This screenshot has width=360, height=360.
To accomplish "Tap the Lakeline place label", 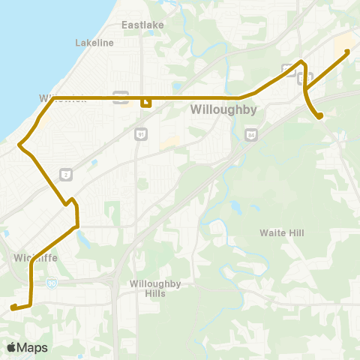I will [94, 43].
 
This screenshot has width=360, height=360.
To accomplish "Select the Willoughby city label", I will [223, 109].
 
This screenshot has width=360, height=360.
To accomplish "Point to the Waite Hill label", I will [282, 233].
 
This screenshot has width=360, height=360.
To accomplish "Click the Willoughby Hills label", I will [152, 289].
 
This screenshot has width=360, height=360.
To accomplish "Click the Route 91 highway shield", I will [140, 133].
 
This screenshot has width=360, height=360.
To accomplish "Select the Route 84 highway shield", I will [250, 134].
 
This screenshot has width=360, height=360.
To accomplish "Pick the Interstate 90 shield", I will [51, 283].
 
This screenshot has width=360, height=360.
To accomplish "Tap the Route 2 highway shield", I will [66, 172].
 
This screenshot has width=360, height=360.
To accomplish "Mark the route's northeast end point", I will [346, 51].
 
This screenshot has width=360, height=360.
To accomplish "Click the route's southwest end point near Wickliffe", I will [13, 307].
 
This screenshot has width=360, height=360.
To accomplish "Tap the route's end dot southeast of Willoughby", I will [320, 115].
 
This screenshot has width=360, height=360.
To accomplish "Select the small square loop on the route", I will [146, 102].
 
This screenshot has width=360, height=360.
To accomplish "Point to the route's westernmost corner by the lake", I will [19, 142].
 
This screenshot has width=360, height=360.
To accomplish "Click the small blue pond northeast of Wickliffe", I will [80, 242].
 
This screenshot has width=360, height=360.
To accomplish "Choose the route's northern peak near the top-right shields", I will [301, 61].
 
